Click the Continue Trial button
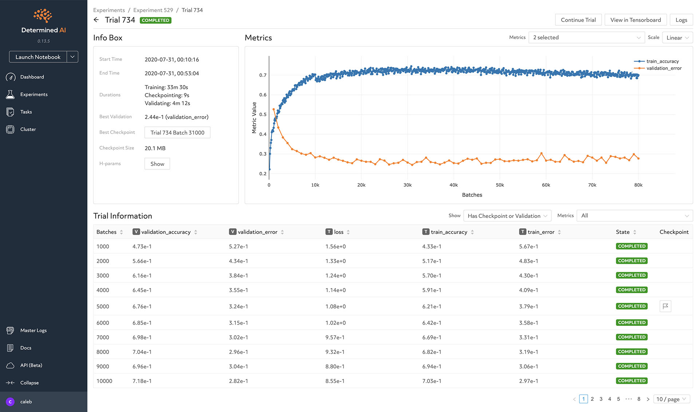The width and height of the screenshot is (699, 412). pyautogui.click(x=578, y=20)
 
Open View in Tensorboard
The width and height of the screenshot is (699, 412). pyautogui.click(x=635, y=20)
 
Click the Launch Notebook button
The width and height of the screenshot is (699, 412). pyautogui.click(x=38, y=57)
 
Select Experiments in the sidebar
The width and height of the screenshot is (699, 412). pyautogui.click(x=34, y=95)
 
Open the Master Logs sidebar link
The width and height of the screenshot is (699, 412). pyautogui.click(x=33, y=331)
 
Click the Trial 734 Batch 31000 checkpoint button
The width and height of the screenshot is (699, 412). pyautogui.click(x=177, y=133)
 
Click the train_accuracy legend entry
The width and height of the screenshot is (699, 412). pyautogui.click(x=662, y=61)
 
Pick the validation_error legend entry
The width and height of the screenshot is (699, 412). pyautogui.click(x=664, y=68)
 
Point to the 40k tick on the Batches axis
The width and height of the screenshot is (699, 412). pyautogui.click(x=454, y=185)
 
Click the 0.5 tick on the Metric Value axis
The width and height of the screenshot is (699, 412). pyautogui.click(x=263, y=115)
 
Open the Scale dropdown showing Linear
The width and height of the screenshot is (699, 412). pyautogui.click(x=678, y=38)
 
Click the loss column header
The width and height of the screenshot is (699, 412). pyautogui.click(x=339, y=232)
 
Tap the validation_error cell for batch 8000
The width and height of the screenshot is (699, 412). pyautogui.click(x=238, y=352)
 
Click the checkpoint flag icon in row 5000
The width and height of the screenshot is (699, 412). pyautogui.click(x=665, y=306)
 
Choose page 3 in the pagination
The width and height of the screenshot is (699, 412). pyautogui.click(x=601, y=399)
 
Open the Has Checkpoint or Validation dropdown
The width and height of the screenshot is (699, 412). pyautogui.click(x=507, y=216)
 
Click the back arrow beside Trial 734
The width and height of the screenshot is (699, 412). pyautogui.click(x=96, y=20)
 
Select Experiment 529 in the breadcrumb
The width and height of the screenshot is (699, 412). pyautogui.click(x=153, y=10)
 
